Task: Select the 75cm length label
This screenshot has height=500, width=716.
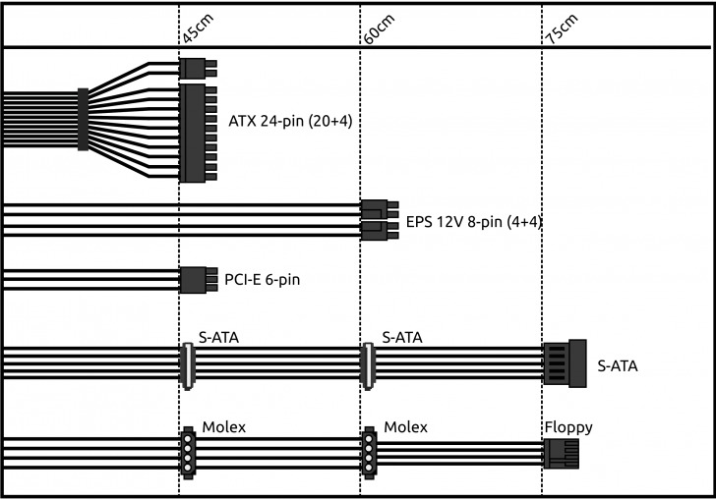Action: (559, 30)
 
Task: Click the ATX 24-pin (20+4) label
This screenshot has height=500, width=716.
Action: (290, 122)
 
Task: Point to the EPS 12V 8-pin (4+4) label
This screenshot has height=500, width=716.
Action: (474, 222)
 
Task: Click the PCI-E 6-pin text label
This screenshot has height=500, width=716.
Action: (262, 280)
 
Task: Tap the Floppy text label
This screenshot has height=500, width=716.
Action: (568, 427)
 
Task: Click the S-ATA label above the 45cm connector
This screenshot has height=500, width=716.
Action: (218, 337)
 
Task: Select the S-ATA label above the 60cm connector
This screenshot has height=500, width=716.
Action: (401, 337)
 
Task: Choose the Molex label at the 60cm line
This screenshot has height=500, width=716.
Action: (405, 427)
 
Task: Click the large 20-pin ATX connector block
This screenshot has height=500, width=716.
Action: (194, 132)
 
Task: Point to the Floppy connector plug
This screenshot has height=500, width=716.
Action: (561, 453)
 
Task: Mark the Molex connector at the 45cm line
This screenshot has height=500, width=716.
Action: (187, 451)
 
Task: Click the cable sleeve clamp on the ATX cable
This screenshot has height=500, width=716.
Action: (83, 120)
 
